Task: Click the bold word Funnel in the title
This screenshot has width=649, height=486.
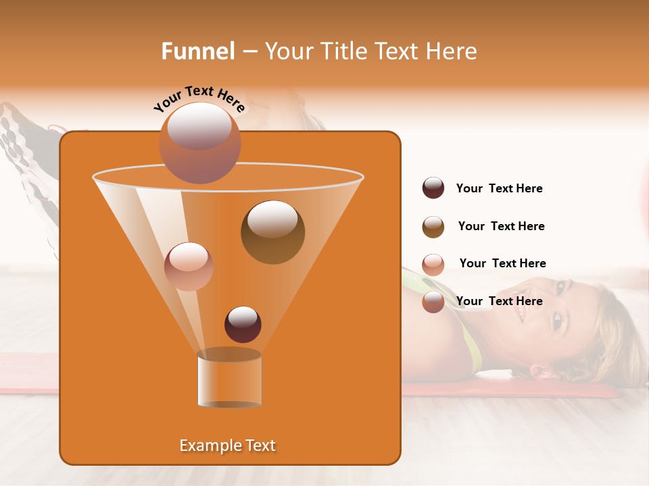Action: [x=197, y=51]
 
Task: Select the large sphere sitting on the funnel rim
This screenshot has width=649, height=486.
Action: [x=199, y=143]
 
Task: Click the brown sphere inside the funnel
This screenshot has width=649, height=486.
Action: [x=272, y=232]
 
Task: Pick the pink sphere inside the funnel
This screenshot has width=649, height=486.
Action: [x=189, y=267]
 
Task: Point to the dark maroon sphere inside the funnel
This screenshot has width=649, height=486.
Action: [x=243, y=324]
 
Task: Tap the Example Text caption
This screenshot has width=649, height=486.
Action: [x=227, y=446]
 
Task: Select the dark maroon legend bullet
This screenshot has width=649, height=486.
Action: [x=433, y=188]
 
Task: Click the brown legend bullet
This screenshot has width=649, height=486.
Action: [x=433, y=227]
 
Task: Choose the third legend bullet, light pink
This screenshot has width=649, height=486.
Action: [x=433, y=265]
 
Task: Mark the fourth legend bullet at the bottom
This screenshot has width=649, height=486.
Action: [x=433, y=302]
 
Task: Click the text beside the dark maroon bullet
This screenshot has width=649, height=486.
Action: [x=499, y=188]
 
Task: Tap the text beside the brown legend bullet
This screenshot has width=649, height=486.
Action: [x=501, y=226]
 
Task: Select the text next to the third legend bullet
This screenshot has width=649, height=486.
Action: [x=502, y=263]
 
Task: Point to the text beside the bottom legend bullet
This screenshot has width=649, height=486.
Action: [x=499, y=301]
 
